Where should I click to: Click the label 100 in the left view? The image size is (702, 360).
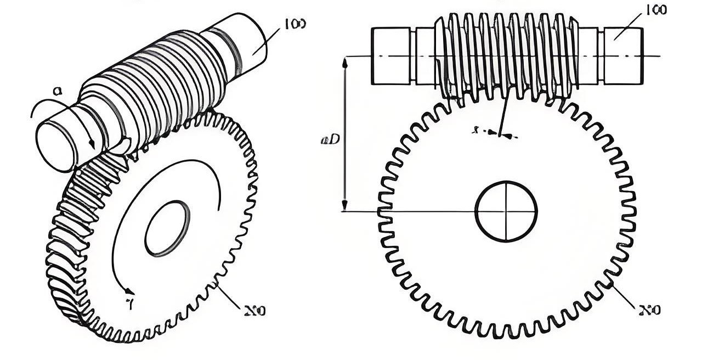[295, 24]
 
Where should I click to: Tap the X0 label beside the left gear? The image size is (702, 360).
[256, 311]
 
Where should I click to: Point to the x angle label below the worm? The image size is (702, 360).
[475, 131]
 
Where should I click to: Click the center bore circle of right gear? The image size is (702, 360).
[506, 211]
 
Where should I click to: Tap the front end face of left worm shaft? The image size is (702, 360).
[55, 146]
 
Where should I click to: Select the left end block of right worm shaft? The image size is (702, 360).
[390, 56]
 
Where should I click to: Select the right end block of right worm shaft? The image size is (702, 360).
[624, 56]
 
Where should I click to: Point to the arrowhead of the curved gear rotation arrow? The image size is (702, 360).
[130, 290]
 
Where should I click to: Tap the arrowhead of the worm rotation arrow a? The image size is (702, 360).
[92, 144]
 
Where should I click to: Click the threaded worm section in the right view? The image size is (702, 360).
[506, 55]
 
